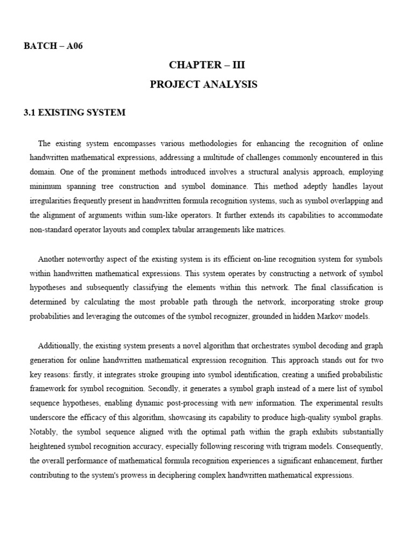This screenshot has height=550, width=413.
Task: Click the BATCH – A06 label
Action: tap(53, 46)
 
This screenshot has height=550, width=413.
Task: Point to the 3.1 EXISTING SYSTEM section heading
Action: tap(74, 113)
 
